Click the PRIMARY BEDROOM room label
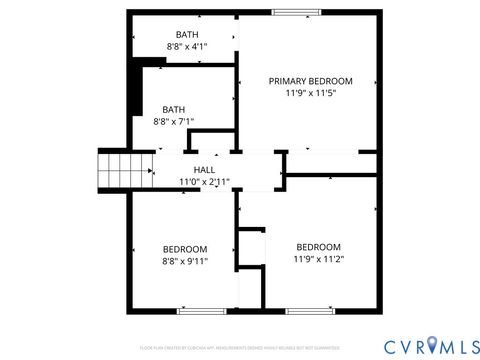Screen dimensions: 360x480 point(311,80)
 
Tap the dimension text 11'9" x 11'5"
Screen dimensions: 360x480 point(311,92)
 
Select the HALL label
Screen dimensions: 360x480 point(204,170)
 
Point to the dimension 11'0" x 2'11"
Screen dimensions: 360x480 point(204,182)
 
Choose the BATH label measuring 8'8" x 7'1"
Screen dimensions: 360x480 point(174,109)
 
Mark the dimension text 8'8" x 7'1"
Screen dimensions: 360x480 point(174,121)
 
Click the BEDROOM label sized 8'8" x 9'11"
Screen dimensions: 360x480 point(185,249)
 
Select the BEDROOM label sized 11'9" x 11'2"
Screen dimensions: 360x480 point(318,247)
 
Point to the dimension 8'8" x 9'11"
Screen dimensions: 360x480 point(185,261)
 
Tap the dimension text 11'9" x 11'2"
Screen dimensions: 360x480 point(318,259)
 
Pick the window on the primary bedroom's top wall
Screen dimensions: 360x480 point(291,12)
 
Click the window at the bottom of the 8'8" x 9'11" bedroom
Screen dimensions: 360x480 point(194,311)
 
